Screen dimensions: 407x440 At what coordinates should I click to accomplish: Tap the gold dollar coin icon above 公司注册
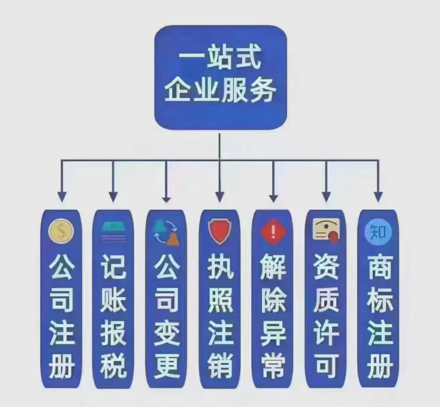[x=61, y=232]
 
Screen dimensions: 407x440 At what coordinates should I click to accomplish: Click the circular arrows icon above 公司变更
[x=166, y=232]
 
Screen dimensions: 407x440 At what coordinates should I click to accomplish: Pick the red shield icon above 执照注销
[x=219, y=232]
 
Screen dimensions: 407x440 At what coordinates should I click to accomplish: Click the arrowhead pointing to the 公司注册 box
[x=62, y=196]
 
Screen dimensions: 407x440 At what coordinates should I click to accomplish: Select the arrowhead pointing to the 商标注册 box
[x=378, y=196]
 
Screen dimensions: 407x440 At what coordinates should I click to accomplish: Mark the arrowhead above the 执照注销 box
[x=219, y=196]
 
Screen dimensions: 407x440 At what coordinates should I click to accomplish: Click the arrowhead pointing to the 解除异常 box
[x=273, y=196]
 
